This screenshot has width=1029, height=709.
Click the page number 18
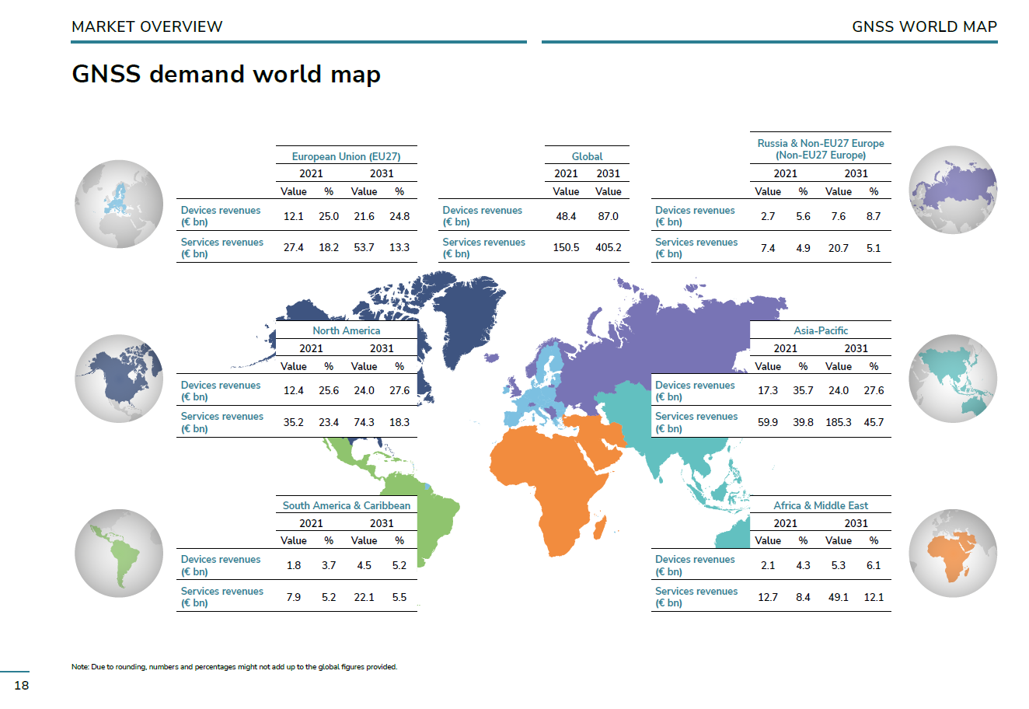click(22, 685)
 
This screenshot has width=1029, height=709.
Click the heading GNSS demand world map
click(226, 75)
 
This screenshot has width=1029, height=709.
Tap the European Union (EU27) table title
click(347, 157)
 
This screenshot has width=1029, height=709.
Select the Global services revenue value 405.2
click(609, 248)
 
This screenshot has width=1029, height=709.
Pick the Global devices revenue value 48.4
click(566, 216)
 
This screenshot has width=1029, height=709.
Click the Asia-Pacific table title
click(821, 331)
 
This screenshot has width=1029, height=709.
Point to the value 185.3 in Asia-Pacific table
click(839, 422)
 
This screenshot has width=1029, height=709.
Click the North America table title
click(347, 331)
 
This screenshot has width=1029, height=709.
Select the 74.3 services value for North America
click(364, 422)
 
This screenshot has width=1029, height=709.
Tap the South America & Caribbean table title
click(347, 505)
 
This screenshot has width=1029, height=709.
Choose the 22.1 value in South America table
click(364, 597)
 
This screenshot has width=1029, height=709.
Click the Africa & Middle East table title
click(821, 505)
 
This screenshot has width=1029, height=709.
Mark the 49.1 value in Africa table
click(839, 597)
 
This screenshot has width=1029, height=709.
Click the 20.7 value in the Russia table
click(839, 249)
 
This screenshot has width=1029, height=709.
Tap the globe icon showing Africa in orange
click(953, 554)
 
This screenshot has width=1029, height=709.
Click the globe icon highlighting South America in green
click(119, 554)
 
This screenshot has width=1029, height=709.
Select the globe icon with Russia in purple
click(953, 190)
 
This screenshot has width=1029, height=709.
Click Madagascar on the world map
click(600, 527)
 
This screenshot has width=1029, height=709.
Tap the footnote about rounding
click(234, 667)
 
